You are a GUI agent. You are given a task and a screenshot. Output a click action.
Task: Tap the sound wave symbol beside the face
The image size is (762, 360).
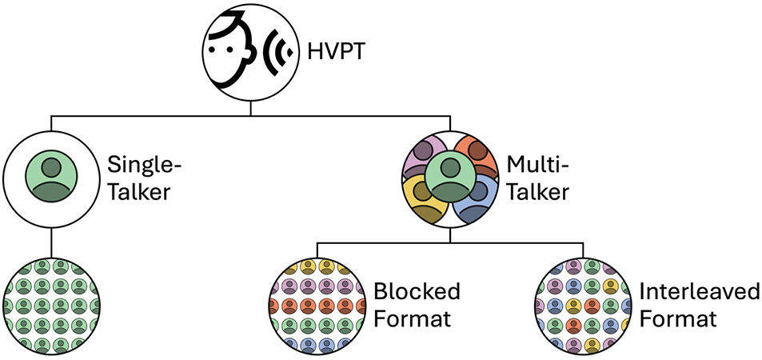pyautogui.click(x=277, y=53)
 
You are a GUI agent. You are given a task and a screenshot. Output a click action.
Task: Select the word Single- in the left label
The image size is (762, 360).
pyautogui.click(x=144, y=166)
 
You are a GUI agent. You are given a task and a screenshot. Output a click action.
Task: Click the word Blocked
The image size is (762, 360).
pyautogui.click(x=417, y=291)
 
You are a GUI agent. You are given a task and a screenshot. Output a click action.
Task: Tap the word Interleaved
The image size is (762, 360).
pyautogui.click(x=700, y=291)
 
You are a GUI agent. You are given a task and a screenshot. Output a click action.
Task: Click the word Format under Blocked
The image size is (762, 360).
pyautogui.click(x=413, y=318)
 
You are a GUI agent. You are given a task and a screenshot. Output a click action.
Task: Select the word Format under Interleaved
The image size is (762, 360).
pyautogui.click(x=678, y=318)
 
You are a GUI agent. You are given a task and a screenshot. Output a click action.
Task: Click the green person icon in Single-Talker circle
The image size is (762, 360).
pyautogui.click(x=51, y=179)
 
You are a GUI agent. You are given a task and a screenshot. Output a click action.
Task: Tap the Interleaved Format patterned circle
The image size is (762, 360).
pyautogui.click(x=583, y=306)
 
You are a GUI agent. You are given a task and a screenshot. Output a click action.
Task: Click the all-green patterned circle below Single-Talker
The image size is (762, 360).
pyautogui.click(x=51, y=306)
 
